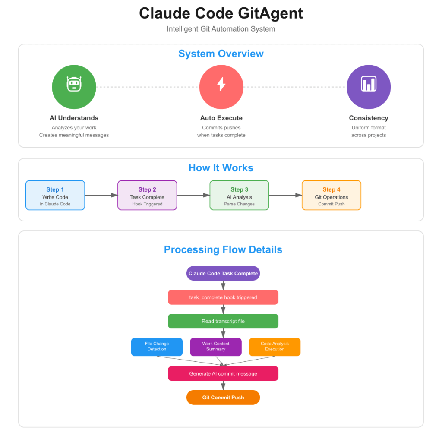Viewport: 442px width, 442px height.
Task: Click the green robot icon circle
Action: click(x=74, y=87)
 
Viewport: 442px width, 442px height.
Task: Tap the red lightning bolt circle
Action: click(x=221, y=87)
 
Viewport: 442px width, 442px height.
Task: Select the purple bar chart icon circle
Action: click(x=369, y=87)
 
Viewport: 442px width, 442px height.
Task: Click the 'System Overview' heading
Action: click(x=221, y=54)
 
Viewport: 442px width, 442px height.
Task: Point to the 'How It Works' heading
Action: click(x=221, y=168)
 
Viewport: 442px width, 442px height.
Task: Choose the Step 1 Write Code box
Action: click(x=55, y=196)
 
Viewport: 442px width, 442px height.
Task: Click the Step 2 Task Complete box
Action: click(x=148, y=196)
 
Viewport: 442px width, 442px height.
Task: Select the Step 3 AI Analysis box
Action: click(x=239, y=196)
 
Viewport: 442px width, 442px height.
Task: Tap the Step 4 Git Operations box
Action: click(x=331, y=196)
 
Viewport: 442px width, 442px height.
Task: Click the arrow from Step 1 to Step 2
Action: click(x=101, y=195)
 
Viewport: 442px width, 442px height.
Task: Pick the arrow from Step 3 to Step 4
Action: click(x=286, y=195)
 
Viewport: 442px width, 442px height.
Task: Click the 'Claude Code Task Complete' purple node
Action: click(x=223, y=273)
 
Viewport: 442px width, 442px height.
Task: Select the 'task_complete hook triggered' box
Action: click(x=223, y=297)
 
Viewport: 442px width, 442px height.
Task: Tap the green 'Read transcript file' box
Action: click(x=223, y=321)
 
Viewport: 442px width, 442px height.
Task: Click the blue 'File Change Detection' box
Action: click(x=157, y=347)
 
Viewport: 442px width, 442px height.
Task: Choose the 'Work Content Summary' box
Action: click(x=216, y=347)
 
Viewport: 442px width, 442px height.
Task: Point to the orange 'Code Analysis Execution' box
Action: click(x=275, y=347)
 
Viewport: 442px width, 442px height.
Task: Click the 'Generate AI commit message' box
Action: click(x=223, y=373)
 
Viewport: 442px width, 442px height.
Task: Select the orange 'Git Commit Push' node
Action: click(x=223, y=398)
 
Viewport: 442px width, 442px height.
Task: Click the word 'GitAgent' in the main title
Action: click(x=270, y=13)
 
